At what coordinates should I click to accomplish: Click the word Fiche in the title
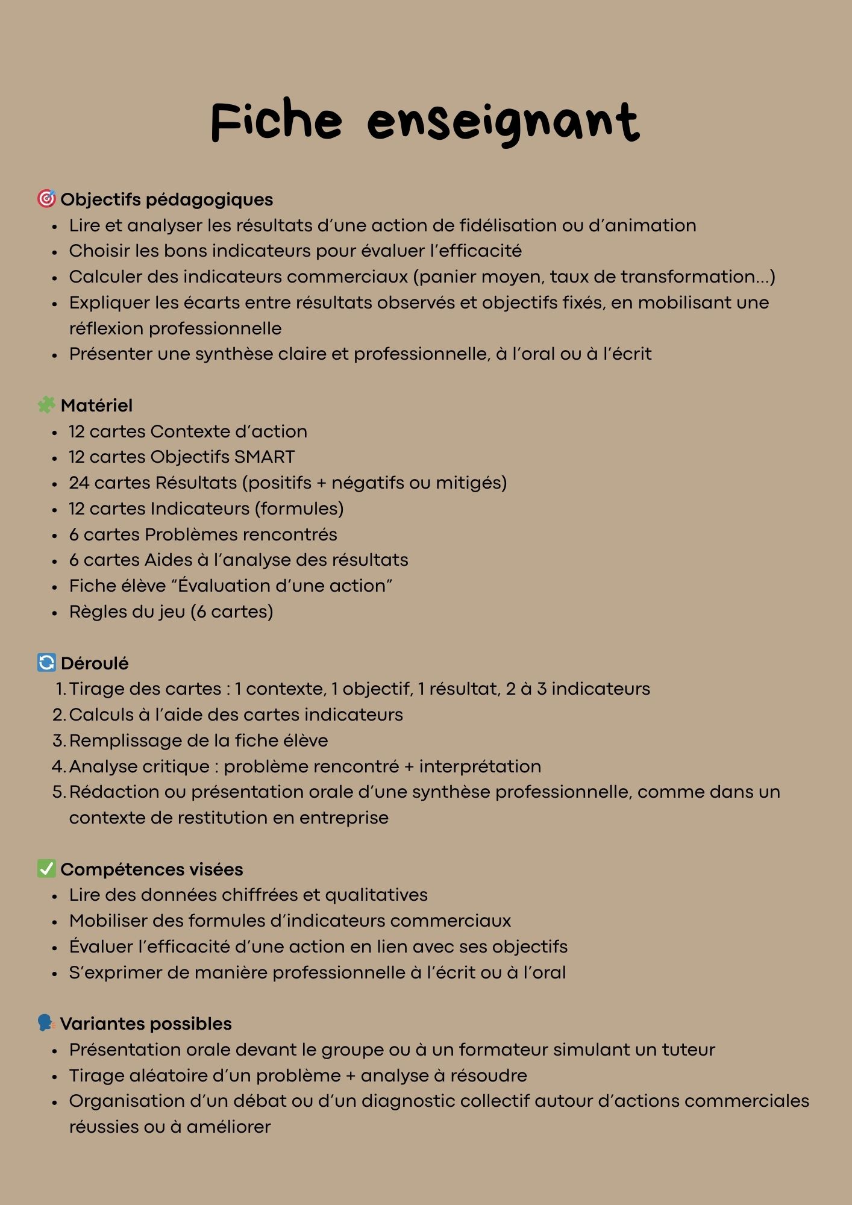pyautogui.click(x=277, y=120)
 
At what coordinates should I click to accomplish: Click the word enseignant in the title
pyautogui.click(x=503, y=123)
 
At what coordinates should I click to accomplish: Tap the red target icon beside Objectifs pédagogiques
pyautogui.click(x=46, y=199)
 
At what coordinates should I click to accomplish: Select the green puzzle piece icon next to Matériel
pyautogui.click(x=46, y=405)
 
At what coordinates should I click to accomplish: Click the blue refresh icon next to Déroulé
pyautogui.click(x=46, y=663)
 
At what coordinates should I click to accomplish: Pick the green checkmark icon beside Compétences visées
pyautogui.click(x=46, y=869)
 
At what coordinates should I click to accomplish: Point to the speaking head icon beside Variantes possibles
pyautogui.click(x=46, y=1023)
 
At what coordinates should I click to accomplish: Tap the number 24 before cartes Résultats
pyautogui.click(x=79, y=483)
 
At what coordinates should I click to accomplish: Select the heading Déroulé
pyautogui.click(x=95, y=663)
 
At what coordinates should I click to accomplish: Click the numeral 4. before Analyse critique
pyautogui.click(x=58, y=766)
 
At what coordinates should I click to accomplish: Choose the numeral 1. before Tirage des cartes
pyautogui.click(x=61, y=689)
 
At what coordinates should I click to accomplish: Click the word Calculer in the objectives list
pyautogui.click(x=105, y=277)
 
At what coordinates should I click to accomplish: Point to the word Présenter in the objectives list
pyautogui.click(x=110, y=354)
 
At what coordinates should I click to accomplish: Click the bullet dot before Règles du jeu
pyautogui.click(x=55, y=613)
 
